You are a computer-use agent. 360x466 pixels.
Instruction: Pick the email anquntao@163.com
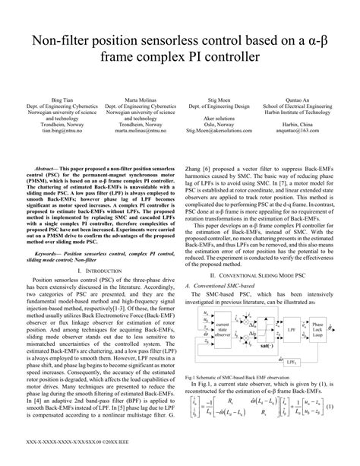(x=302, y=131)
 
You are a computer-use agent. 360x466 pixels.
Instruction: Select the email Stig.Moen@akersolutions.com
(x=219, y=131)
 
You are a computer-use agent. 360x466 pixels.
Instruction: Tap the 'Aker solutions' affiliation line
(x=219, y=119)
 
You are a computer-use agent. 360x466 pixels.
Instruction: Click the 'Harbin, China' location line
(x=302, y=125)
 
